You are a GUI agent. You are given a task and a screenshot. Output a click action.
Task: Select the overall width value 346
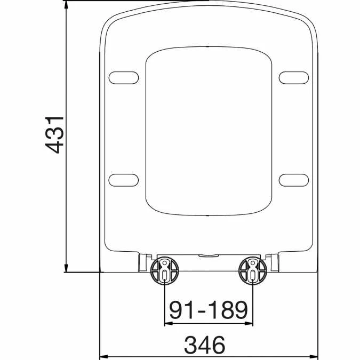pyautogui.click(x=205, y=345)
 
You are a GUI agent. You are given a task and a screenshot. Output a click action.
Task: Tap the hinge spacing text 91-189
pyautogui.click(x=209, y=309)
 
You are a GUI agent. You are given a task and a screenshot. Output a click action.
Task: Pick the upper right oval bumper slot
pyautogui.click(x=294, y=78)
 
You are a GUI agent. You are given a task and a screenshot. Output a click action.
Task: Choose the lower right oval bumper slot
pyautogui.click(x=294, y=180)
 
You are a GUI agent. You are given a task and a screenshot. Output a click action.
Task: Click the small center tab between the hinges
pyautogui.click(x=209, y=255)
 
